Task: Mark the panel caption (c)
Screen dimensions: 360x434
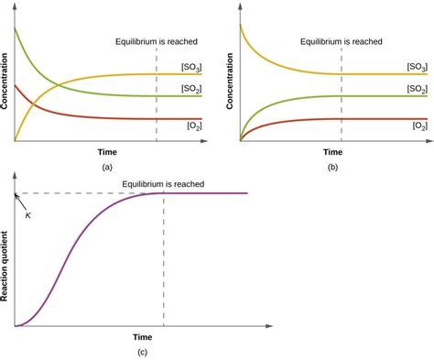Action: (x=142, y=352)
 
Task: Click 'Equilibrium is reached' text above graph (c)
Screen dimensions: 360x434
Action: (x=164, y=183)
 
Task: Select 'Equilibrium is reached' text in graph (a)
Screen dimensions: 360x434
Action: (x=156, y=41)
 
